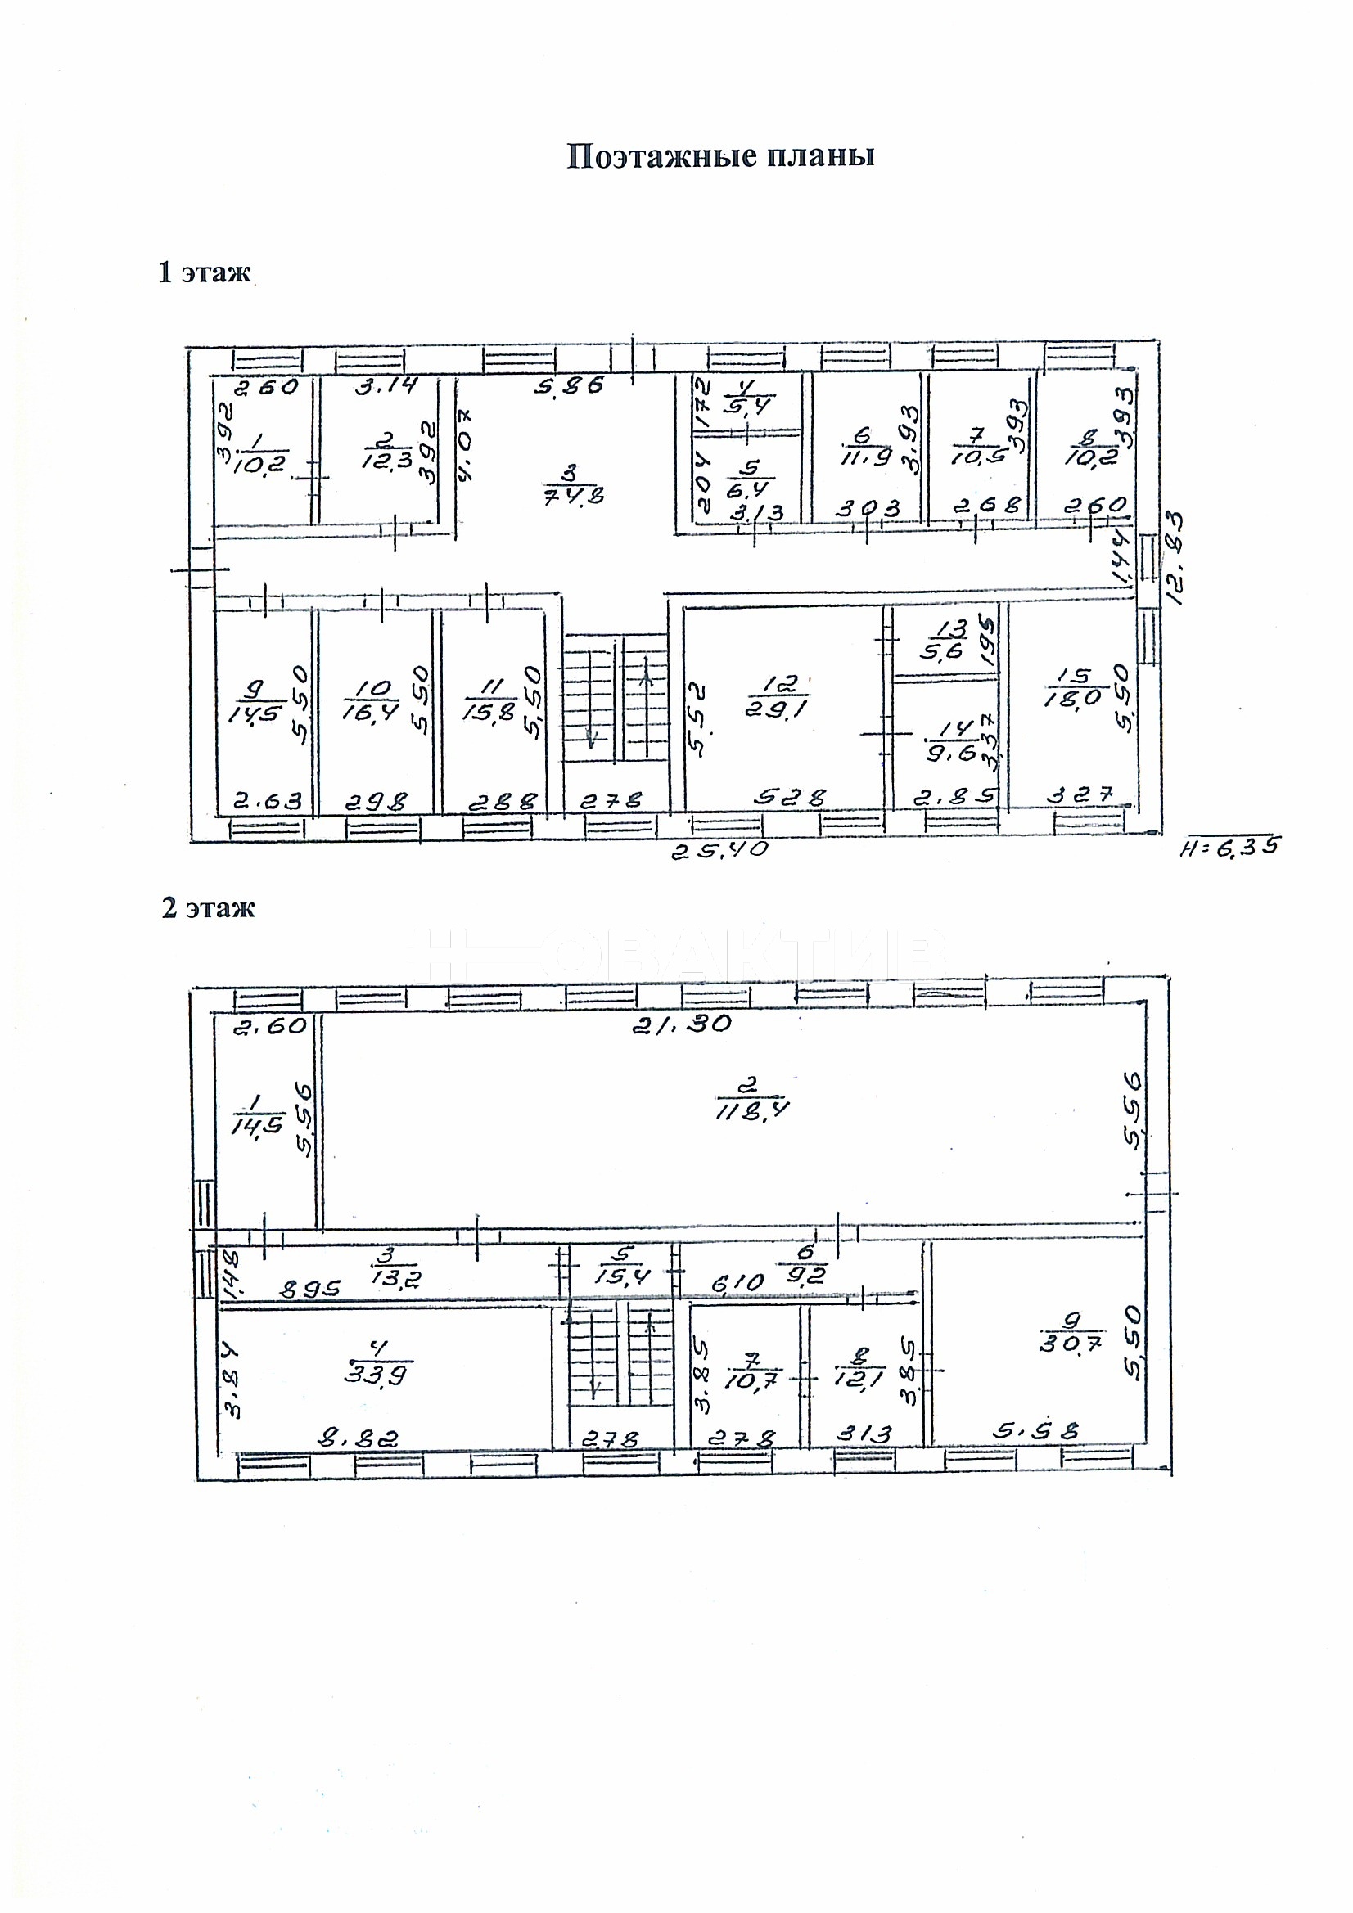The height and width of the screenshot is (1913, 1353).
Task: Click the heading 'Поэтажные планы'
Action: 720,156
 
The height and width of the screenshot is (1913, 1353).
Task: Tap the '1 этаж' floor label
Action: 205,272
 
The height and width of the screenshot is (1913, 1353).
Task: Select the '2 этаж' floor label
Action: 208,907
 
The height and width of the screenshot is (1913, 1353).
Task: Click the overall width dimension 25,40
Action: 721,851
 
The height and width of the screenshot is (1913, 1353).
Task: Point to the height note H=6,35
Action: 1229,848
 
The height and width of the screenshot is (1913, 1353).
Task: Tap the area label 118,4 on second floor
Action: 753,1110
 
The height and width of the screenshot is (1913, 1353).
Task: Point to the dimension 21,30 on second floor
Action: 681,1024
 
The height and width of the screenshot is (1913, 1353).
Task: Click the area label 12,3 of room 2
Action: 388,461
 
